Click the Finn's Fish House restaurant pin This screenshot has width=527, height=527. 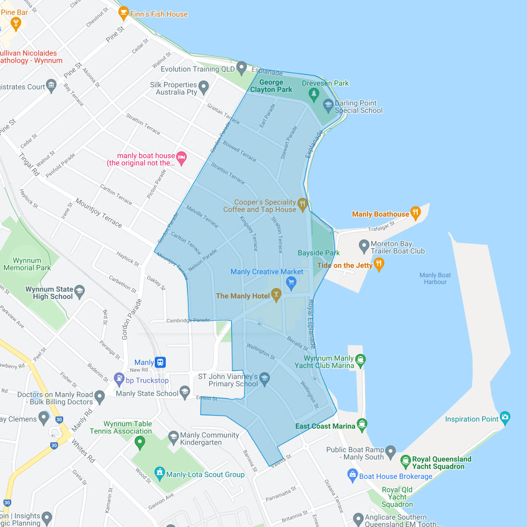click(124, 13)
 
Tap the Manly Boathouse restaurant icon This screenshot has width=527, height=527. click(416, 212)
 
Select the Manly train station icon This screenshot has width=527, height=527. click(160, 362)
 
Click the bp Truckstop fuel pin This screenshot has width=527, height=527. click(119, 379)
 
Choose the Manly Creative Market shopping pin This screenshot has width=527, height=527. click(291, 283)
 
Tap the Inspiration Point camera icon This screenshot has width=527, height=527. click(505, 417)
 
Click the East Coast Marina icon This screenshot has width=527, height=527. click(361, 424)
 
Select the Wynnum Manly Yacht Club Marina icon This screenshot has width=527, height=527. click(360, 359)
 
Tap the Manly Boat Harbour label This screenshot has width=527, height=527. click(435, 279)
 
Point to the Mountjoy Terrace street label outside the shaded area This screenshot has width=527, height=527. click(98, 213)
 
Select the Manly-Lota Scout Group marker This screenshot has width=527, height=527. click(160, 473)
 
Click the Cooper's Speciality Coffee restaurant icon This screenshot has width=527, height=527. click(302, 203)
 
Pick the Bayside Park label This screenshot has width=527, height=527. click(318, 253)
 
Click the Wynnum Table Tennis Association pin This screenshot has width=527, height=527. click(140, 442)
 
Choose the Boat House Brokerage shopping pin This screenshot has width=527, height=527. click(352, 475)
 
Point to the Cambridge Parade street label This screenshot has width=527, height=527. click(188, 320)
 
